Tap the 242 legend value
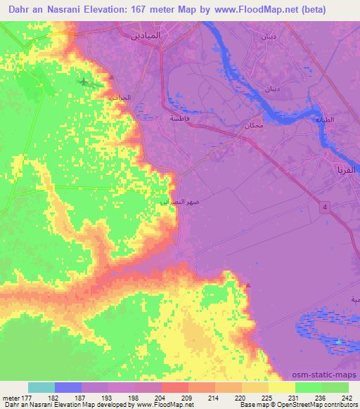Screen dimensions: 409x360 point(347,398)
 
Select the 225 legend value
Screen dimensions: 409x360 point(268,398)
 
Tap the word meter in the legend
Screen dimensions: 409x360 point(11,398)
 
